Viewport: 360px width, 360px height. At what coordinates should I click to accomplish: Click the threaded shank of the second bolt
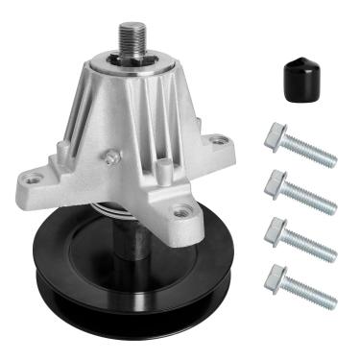click(x=312, y=197)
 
